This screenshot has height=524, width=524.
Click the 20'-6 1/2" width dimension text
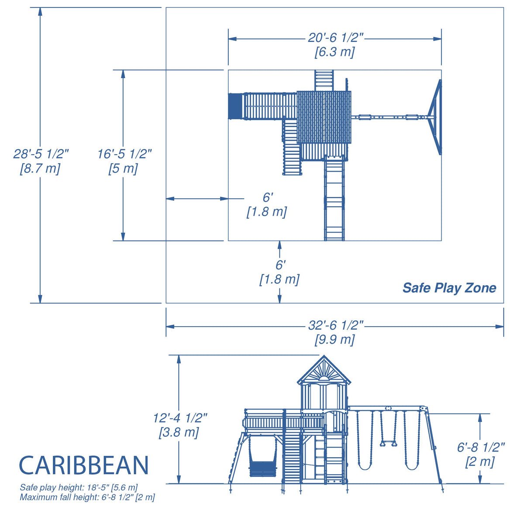(335, 38)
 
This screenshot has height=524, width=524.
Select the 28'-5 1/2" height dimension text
(41, 154)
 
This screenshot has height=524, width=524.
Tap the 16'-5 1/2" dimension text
(124, 154)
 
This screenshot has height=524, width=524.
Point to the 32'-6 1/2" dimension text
(335, 325)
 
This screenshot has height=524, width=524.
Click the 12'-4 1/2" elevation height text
(179, 418)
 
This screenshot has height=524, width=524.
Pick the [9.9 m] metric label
(334, 339)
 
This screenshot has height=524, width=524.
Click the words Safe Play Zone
(449, 288)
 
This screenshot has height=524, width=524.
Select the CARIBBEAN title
(84, 465)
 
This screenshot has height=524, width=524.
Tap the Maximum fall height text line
(87, 497)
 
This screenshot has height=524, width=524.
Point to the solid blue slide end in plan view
(234, 106)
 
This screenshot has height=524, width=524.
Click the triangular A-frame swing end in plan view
(435, 117)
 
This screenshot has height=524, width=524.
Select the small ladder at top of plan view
(324, 80)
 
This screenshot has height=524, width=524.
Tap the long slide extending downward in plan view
(334, 199)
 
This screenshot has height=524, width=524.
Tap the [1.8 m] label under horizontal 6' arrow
(267, 212)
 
